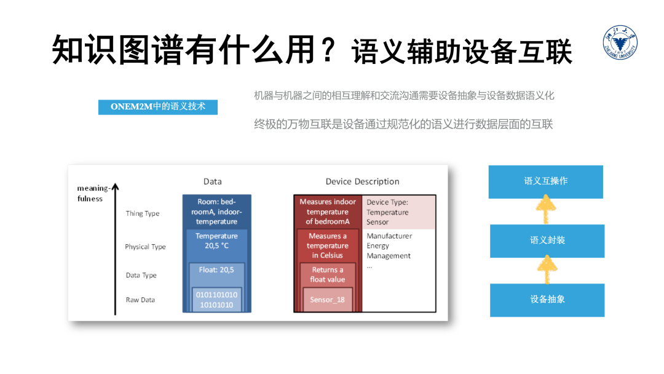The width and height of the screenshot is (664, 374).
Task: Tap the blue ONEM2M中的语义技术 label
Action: point(158,107)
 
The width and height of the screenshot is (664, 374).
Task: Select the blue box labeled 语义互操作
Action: point(545,181)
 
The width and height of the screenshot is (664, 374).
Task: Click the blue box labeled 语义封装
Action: point(547,241)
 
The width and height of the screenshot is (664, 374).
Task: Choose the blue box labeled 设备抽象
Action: point(547,300)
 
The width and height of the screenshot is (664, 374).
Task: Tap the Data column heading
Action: point(212,181)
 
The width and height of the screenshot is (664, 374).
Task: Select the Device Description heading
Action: point(362,181)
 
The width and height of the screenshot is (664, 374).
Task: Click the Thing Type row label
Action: point(143,213)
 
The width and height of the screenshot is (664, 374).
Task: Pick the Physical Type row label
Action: point(145,247)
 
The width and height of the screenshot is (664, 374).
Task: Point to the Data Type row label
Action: point(141,275)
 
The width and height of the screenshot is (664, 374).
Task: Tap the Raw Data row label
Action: point(140,300)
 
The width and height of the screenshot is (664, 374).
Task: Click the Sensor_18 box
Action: point(327,300)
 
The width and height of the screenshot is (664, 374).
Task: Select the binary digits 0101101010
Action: point(216,295)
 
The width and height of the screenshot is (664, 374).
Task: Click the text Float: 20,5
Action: point(216,269)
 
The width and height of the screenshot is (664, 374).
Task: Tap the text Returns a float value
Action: point(327,274)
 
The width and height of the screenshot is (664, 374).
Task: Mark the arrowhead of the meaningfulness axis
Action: point(115,188)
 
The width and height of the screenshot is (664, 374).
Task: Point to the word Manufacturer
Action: point(389,236)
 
